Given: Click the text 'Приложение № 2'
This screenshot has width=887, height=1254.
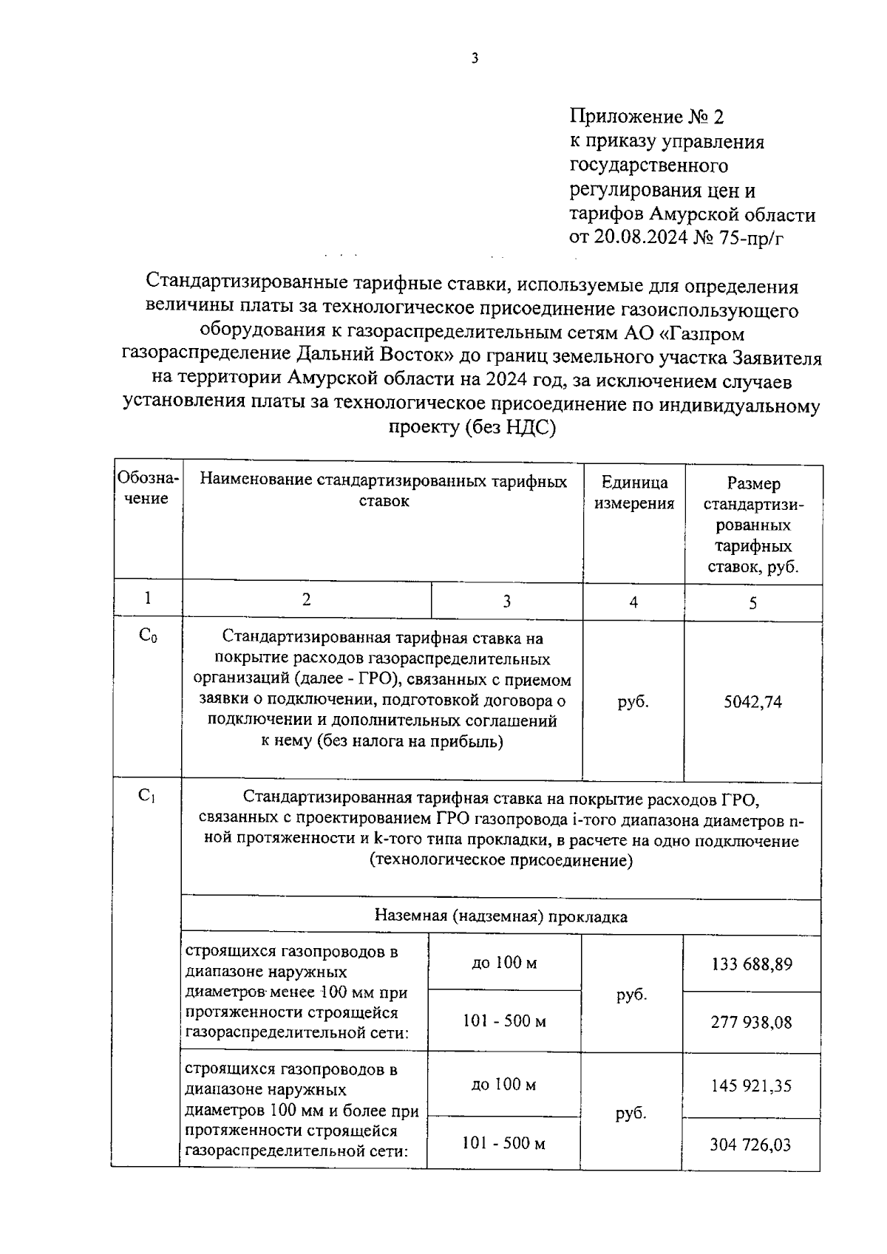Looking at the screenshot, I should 647,117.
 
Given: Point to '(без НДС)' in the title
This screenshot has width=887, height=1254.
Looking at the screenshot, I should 510,427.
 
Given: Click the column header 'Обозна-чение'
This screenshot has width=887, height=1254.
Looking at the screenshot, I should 147,489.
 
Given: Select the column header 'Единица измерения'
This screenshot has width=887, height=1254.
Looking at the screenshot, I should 634,493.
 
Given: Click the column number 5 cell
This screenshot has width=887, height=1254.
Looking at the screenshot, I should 752,603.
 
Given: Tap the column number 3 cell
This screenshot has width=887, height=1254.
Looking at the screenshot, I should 506,602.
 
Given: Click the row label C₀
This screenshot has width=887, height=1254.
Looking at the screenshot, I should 147,636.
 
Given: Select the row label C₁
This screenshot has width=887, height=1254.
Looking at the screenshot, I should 146,797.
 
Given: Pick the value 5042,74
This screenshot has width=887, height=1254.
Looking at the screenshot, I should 752,702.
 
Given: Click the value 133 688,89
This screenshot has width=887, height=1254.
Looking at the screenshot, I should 752,964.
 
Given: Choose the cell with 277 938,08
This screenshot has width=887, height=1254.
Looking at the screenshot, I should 751,1023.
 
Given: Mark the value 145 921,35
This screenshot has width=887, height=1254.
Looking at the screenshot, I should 751,1086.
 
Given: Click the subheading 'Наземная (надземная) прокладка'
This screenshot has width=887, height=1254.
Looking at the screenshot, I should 500,917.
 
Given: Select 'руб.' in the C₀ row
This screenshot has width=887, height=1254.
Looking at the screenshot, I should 633,702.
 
